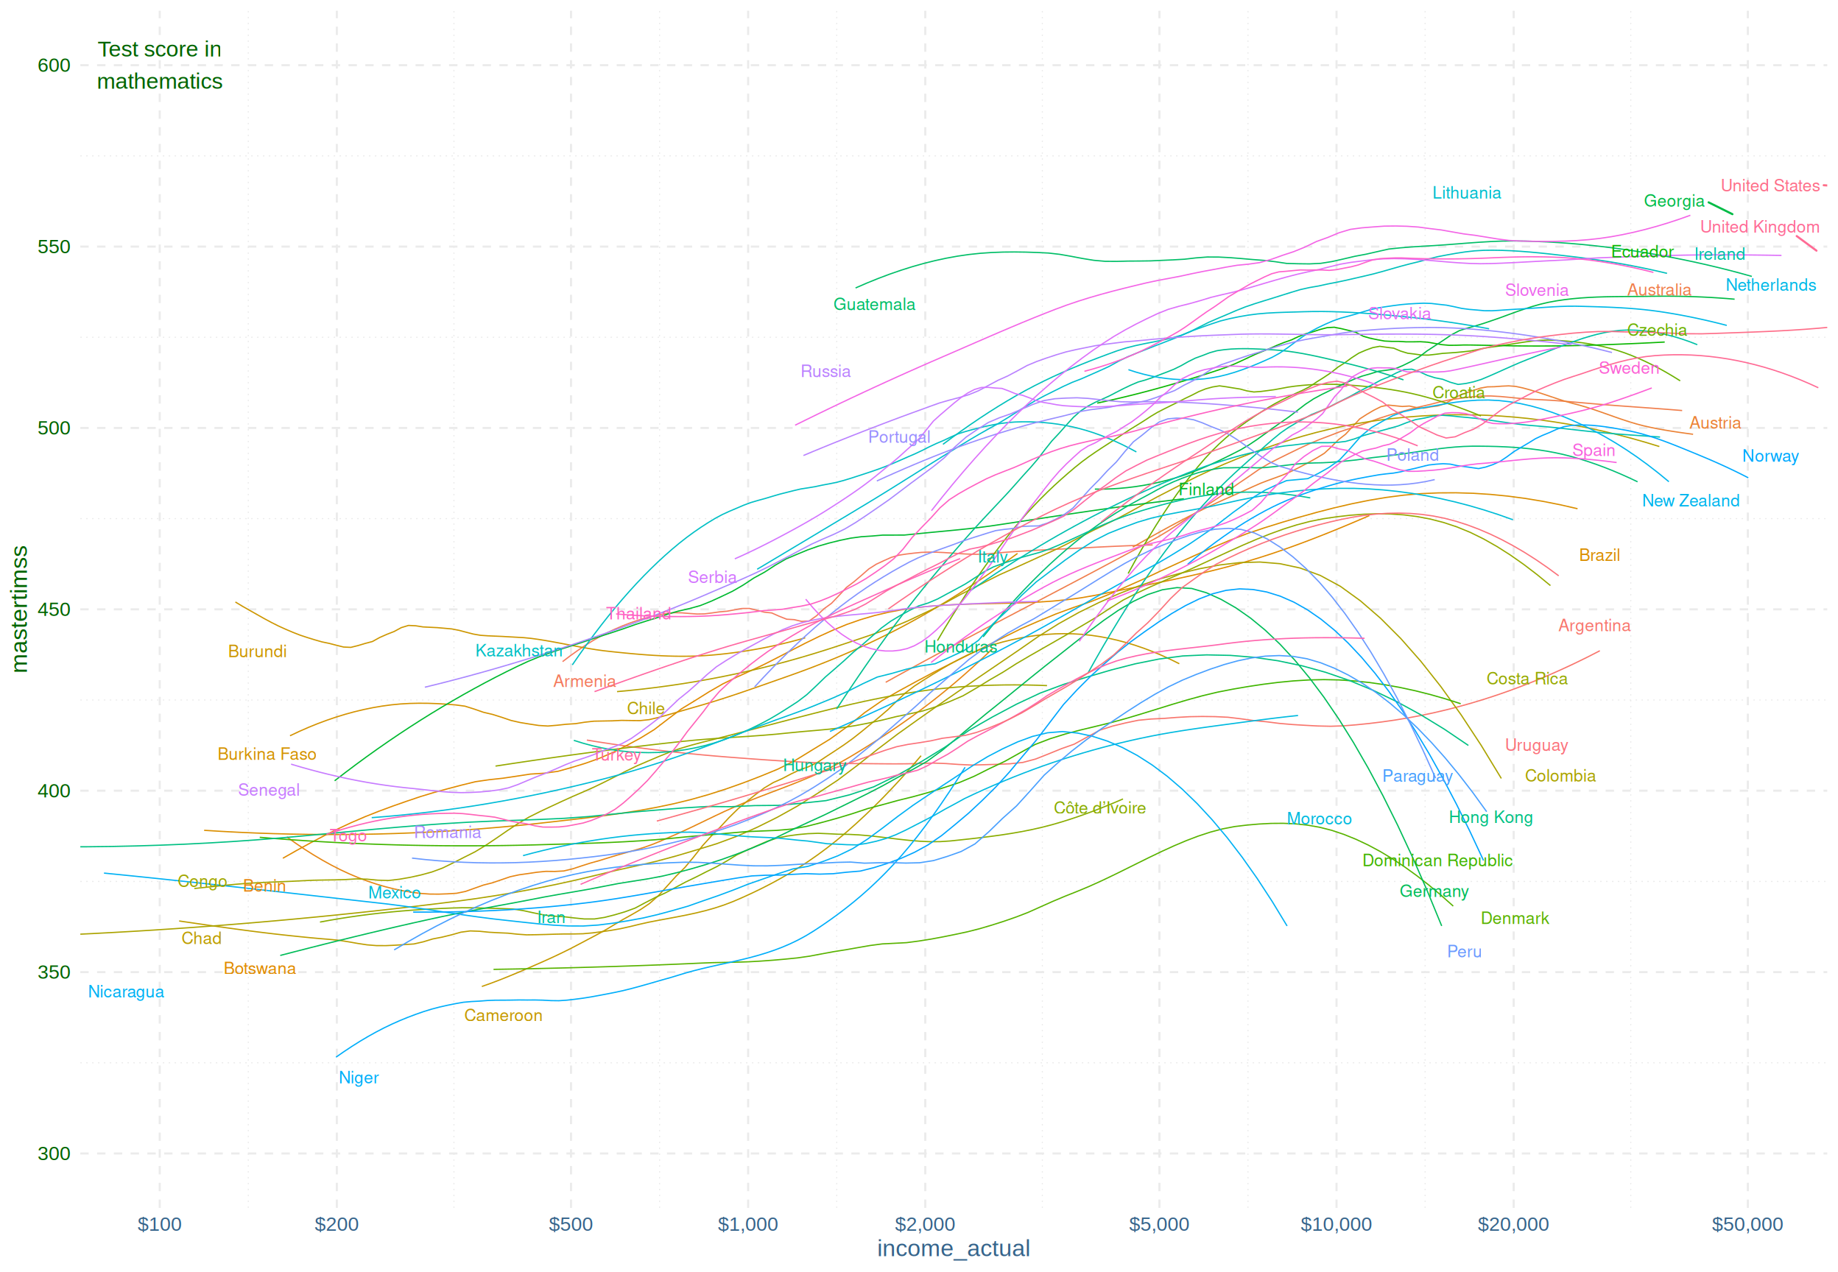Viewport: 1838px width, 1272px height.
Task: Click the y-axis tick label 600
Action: (x=54, y=66)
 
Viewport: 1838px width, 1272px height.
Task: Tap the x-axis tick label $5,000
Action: (x=1158, y=1224)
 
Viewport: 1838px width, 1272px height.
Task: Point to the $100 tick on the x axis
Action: (x=159, y=1224)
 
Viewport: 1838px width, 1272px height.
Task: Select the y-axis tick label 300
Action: (x=54, y=1153)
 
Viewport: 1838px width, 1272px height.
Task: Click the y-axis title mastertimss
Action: (x=19, y=609)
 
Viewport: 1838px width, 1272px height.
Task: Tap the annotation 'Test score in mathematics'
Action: (x=159, y=66)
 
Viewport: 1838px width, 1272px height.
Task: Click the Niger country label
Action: (x=359, y=1078)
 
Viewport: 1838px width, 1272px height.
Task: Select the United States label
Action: (x=1770, y=185)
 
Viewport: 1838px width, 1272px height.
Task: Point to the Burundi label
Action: (x=257, y=651)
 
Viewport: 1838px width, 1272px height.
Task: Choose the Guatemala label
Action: (x=873, y=305)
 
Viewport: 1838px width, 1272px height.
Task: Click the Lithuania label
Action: (x=1466, y=193)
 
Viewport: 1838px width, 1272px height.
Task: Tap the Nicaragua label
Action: (x=126, y=992)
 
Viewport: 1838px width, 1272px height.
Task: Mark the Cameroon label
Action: (x=503, y=1015)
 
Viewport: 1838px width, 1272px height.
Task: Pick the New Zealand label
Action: (x=1690, y=501)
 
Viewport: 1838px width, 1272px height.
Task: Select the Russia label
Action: (x=825, y=372)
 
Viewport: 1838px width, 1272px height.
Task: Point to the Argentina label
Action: (x=1594, y=626)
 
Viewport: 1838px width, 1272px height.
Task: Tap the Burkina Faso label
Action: (x=267, y=754)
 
